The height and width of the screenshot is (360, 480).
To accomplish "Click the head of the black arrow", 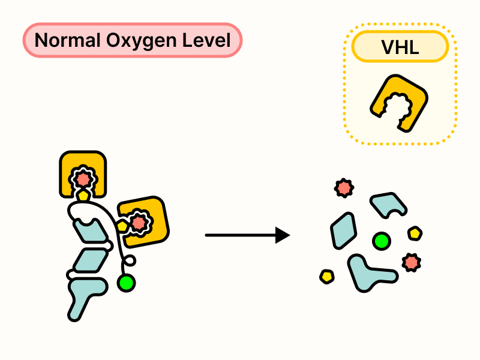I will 283,235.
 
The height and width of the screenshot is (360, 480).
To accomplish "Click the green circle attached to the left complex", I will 127,282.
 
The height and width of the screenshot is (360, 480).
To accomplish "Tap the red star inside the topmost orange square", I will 83,178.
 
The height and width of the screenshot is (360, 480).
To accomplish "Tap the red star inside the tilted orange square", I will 139,223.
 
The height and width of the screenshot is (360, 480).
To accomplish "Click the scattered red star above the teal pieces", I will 344,188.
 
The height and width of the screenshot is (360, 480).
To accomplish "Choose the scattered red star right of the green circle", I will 412,262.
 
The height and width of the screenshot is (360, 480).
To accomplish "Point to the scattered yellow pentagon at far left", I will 327,276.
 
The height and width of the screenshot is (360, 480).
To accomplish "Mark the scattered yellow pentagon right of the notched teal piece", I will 415,233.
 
